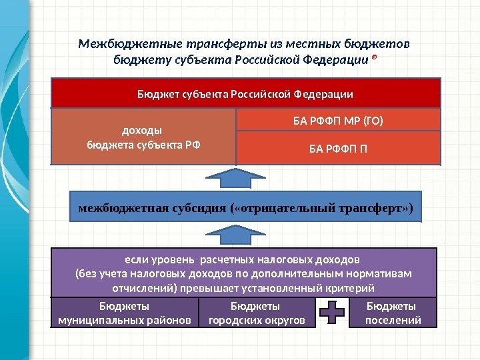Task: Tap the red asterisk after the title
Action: tap(373, 60)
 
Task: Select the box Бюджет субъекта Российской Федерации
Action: tap(245, 93)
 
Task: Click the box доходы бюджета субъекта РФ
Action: tap(143, 137)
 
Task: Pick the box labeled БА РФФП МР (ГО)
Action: tap(339, 121)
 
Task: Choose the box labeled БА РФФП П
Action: tap(339, 147)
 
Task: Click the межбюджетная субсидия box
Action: tap(245, 209)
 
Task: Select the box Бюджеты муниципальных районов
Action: tap(125, 313)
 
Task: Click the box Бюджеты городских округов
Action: tap(256, 313)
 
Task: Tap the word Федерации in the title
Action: tap(337, 60)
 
